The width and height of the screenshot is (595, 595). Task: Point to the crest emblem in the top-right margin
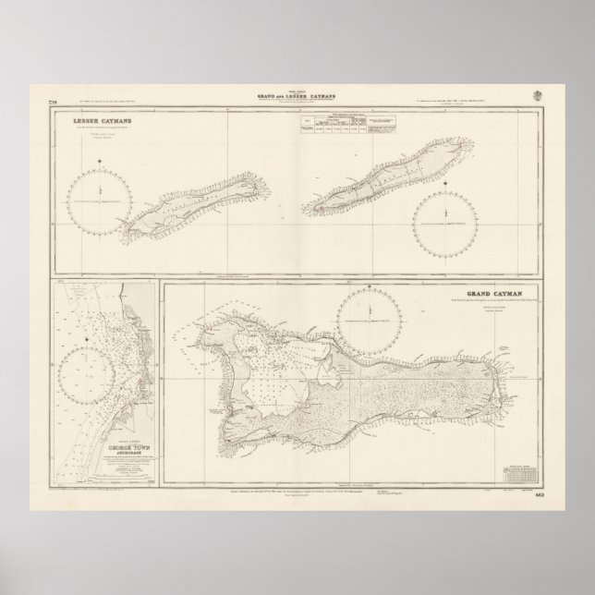[x=539, y=94]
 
